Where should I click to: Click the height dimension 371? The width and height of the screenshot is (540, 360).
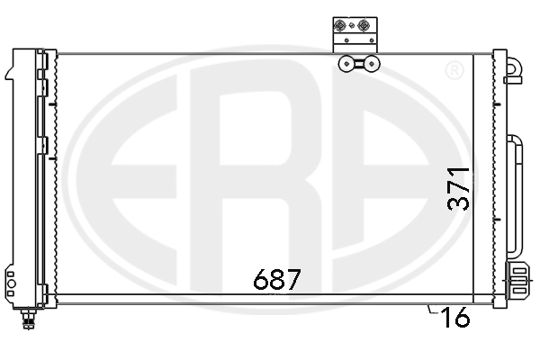click(x=460, y=187)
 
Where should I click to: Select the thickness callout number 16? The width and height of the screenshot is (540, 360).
click(x=457, y=319)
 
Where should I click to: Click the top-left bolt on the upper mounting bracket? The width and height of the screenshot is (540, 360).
click(x=342, y=26)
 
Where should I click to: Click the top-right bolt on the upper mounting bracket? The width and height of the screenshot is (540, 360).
click(x=364, y=26)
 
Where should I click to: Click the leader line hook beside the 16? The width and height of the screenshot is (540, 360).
click(x=434, y=310)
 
